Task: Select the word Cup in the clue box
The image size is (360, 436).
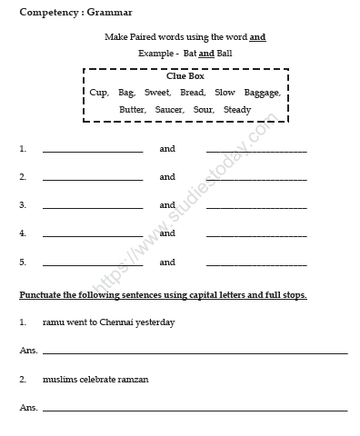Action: pyautogui.click(x=97, y=92)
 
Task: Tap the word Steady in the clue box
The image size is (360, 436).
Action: pyautogui.click(x=237, y=110)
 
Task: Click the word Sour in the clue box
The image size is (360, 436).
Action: pyautogui.click(x=203, y=110)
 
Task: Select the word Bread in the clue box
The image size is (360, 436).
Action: pyautogui.click(x=192, y=92)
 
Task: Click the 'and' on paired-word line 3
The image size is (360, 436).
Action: pyautogui.click(x=167, y=205)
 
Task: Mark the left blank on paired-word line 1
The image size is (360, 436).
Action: pyautogui.click(x=92, y=151)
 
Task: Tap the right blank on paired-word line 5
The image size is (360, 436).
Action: pyautogui.click(x=256, y=265)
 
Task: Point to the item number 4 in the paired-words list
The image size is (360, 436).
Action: pyautogui.click(x=22, y=233)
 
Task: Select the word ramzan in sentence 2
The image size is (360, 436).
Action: pyautogui.click(x=132, y=378)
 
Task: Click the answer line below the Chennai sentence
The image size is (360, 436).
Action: pyautogui.click(x=195, y=352)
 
